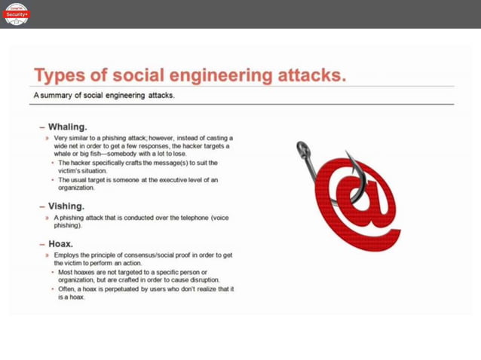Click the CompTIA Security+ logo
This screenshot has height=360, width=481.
pos(17,14)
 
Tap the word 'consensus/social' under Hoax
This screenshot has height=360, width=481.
pos(152,256)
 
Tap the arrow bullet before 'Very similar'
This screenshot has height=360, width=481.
pos(47,139)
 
